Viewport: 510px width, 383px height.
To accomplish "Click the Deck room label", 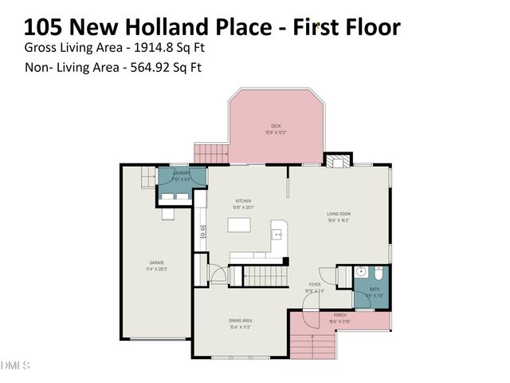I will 276,128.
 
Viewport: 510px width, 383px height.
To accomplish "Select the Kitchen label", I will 243,203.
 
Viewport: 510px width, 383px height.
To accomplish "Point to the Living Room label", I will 339,216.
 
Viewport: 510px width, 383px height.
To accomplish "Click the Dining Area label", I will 241,322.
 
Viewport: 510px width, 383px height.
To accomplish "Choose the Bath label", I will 375,291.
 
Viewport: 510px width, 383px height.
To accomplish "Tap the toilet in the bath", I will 359,272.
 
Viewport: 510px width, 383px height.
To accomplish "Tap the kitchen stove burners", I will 203,232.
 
